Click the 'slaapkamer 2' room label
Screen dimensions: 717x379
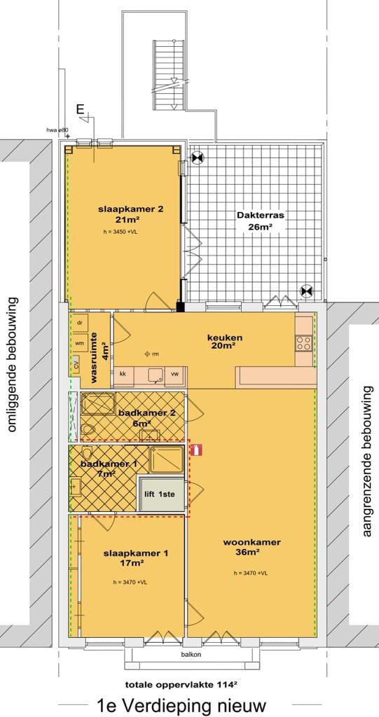120,209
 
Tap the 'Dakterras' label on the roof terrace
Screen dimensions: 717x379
260,216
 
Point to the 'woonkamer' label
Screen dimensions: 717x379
252,542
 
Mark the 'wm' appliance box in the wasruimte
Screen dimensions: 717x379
80,344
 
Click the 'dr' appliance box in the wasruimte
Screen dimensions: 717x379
80,323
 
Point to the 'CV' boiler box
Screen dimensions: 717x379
76,364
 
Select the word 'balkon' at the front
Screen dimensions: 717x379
186,655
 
